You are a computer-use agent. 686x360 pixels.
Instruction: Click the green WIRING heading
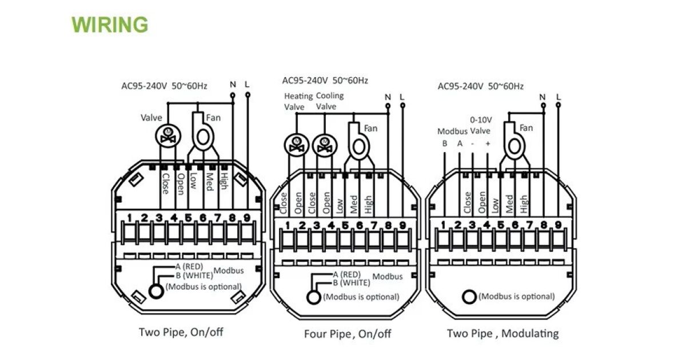(x=109, y=25)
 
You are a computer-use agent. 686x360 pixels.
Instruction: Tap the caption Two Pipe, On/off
(x=181, y=332)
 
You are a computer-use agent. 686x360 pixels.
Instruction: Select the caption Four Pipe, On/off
(x=348, y=334)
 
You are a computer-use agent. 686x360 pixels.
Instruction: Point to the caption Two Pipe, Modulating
(x=502, y=333)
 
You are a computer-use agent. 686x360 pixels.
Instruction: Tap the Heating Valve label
(x=298, y=101)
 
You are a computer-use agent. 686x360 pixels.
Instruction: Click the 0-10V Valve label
(x=480, y=125)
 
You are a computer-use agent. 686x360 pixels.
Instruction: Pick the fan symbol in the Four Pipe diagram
(x=359, y=145)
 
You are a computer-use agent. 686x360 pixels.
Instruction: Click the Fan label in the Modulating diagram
(x=525, y=127)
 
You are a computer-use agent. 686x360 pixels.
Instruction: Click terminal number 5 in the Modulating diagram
(x=501, y=225)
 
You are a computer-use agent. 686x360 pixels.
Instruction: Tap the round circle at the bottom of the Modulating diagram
(x=469, y=297)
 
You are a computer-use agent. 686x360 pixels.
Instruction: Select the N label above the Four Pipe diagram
(x=388, y=97)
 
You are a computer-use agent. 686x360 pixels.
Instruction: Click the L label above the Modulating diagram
(x=558, y=97)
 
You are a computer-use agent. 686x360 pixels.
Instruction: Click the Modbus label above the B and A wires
(x=452, y=131)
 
